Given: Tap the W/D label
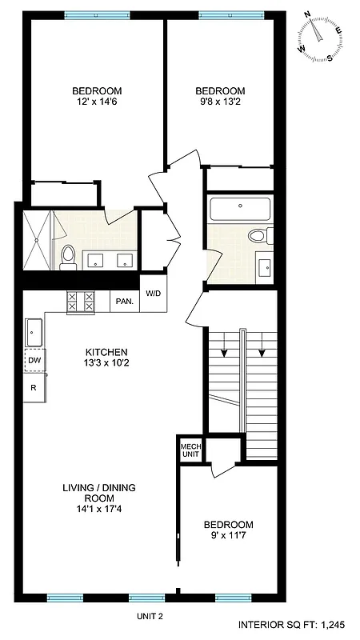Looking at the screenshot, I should click(152, 294).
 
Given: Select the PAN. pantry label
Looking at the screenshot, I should click(124, 301).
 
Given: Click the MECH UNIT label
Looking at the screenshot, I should click(190, 450).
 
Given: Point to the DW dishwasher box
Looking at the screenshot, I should click(34, 361).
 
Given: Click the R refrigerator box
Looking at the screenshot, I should click(34, 387).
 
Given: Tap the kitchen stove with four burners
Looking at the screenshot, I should click(80, 301).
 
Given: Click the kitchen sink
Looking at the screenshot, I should click(34, 329).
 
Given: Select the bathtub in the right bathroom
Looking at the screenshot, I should click(240, 210).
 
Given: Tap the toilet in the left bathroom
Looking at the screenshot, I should click(69, 254).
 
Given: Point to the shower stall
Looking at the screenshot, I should click(37, 238).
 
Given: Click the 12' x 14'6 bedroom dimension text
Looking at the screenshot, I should click(97, 102).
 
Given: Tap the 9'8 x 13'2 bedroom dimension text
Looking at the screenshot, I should click(220, 102).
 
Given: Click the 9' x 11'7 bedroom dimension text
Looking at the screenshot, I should click(228, 535).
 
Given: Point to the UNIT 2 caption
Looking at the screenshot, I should click(150, 615).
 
